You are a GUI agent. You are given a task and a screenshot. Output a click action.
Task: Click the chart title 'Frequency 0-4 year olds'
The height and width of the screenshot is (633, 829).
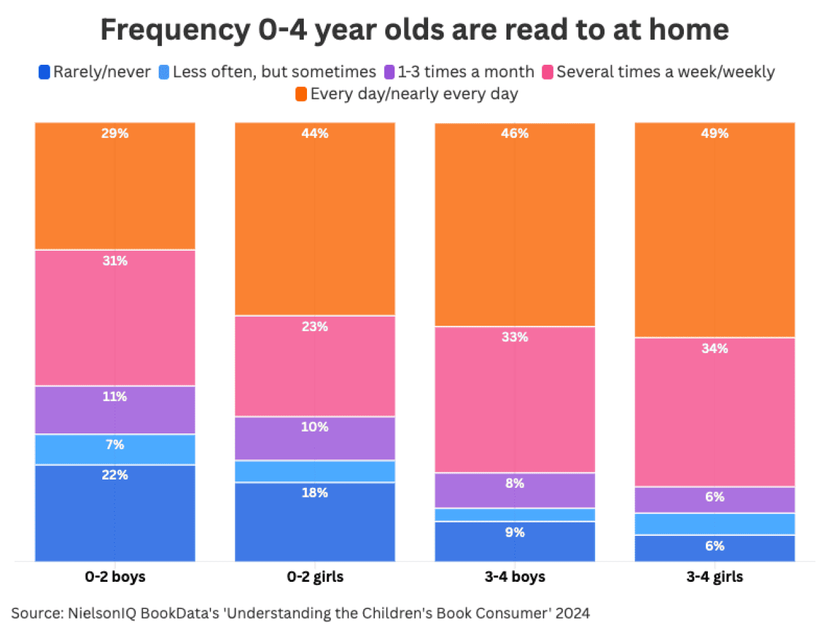[x=414, y=30]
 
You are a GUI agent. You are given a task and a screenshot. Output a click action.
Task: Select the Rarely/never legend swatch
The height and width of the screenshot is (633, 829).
[x=45, y=72]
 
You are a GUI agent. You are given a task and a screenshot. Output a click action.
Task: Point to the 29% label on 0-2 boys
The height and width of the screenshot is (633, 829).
[x=115, y=133]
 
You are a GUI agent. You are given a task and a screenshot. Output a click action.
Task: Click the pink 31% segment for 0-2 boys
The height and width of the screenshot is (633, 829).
[x=115, y=317]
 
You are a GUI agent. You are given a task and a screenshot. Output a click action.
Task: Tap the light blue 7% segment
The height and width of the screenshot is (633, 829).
[x=115, y=449]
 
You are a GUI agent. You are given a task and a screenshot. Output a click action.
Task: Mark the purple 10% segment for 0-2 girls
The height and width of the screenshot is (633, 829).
[x=315, y=438]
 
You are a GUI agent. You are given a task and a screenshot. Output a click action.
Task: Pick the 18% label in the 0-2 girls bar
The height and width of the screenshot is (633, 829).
[x=315, y=493]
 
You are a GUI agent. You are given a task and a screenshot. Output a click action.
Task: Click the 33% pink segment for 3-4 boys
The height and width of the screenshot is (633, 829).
[x=515, y=399]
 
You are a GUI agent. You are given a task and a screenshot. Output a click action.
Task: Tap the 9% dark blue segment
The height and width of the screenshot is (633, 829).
[x=515, y=541]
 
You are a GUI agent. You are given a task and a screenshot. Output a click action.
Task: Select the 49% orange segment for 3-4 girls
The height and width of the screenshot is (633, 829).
[x=714, y=230]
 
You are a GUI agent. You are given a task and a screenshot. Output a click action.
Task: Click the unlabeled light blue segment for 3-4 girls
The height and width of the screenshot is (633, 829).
[x=714, y=524]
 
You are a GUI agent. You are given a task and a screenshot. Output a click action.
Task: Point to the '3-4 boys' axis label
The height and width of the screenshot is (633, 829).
[x=515, y=577]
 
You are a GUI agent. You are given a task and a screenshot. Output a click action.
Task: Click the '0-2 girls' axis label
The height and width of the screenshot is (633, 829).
[x=315, y=577]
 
